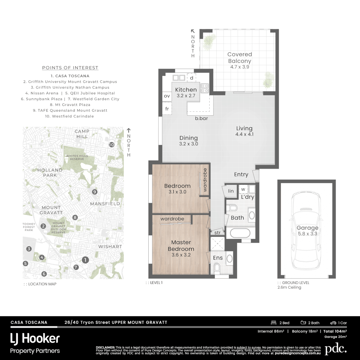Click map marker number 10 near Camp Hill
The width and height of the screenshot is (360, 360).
111,145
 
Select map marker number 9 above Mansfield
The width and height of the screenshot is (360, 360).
95,192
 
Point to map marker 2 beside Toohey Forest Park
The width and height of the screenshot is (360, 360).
43,226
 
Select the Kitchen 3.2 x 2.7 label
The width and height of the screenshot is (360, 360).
186,92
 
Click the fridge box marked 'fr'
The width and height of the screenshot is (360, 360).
167,109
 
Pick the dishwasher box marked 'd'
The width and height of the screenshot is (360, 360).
191,78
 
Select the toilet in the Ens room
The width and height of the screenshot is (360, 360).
217,268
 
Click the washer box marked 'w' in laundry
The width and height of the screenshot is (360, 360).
243,189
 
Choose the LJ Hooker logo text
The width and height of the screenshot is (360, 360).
35,339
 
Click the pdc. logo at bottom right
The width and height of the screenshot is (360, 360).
336,349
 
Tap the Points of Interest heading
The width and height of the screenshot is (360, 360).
70,68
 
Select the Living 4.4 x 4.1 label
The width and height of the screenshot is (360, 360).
244,131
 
